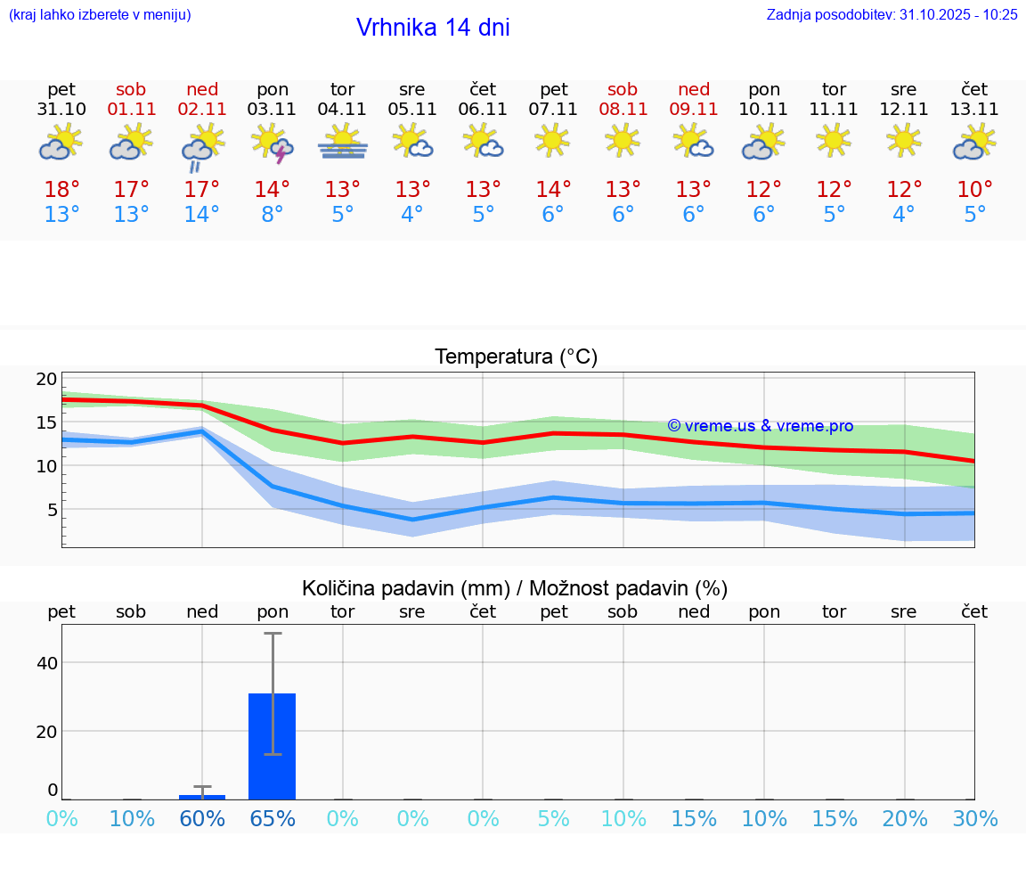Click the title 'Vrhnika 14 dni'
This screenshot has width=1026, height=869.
pos(433,28)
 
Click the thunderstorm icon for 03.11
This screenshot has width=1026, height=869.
pos(273,143)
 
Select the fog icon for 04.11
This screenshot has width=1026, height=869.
pos(343,143)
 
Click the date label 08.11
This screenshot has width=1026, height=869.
pos(623,110)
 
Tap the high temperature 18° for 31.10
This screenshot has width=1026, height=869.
pos(61,190)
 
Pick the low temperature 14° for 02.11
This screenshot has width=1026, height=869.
pos(202,215)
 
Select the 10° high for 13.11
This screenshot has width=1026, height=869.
pos(974,190)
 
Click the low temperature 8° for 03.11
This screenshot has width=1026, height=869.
pos(273,215)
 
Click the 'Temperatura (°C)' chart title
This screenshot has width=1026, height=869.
pos(516,357)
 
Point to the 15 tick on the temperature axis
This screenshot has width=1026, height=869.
pos(45,422)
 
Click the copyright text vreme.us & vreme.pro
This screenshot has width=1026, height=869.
pos(761,426)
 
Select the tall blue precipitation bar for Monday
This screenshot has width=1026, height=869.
pos(273,746)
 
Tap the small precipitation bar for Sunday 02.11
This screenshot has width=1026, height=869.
pos(202,797)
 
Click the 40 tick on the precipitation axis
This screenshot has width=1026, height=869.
pos(46,663)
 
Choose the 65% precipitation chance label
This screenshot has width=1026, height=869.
pos(273,819)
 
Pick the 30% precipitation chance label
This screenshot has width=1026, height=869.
pos(975,819)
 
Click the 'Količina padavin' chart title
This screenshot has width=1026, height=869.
pos(515,588)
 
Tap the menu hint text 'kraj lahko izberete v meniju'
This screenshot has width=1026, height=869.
pos(100,14)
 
